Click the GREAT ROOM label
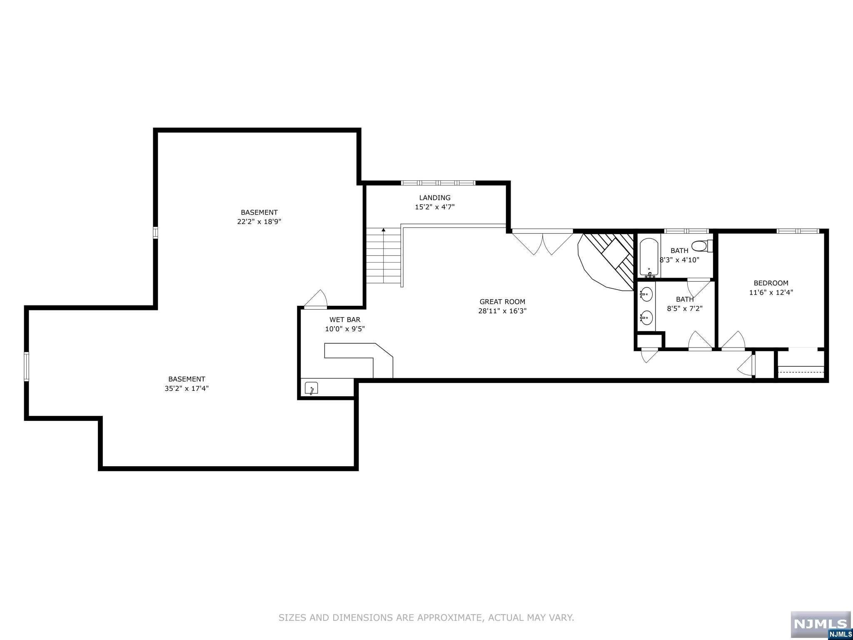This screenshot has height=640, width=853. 502,302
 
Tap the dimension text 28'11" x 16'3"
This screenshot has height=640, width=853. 502,311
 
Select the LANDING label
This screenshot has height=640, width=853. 434,197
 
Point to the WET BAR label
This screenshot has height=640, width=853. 345,320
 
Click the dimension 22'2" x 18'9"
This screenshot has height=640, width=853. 259,222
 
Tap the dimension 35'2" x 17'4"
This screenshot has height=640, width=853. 187,388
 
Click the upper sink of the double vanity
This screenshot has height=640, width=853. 646,294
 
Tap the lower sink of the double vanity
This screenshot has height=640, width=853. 646,318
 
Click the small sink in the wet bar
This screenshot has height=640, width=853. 311,388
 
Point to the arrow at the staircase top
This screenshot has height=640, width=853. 383,230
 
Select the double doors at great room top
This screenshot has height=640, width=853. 542,243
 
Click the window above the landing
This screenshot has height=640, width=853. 438,182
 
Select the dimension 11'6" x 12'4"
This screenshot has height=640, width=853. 771,292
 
